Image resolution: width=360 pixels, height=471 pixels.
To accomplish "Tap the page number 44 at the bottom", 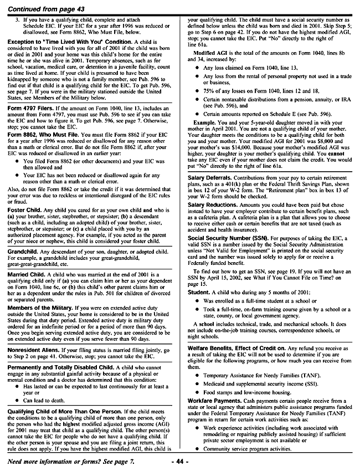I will point(180,461).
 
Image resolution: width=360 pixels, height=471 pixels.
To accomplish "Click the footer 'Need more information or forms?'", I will point(70,461).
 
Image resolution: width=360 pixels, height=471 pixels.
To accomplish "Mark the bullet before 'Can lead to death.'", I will point(16,400).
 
